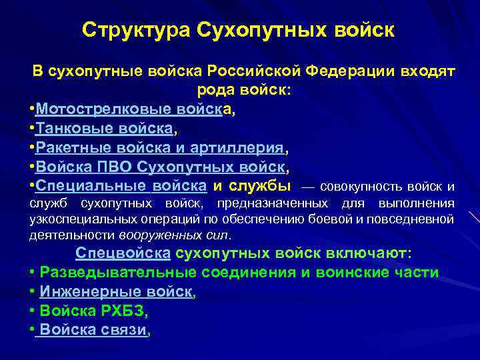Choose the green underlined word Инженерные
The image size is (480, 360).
click(x=85, y=291)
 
